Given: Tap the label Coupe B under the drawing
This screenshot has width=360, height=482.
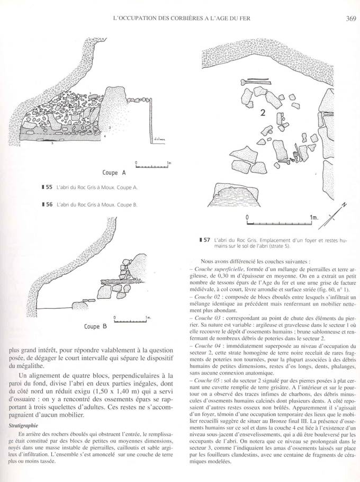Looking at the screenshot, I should [95, 326].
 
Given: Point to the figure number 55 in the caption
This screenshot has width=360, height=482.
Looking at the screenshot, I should [47, 188].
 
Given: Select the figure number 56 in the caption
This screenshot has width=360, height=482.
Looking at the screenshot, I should [47, 204].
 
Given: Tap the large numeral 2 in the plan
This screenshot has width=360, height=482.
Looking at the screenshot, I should [263, 113].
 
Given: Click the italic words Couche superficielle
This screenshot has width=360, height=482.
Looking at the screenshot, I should [215, 270].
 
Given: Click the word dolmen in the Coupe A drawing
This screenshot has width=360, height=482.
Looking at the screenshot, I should [159, 140].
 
